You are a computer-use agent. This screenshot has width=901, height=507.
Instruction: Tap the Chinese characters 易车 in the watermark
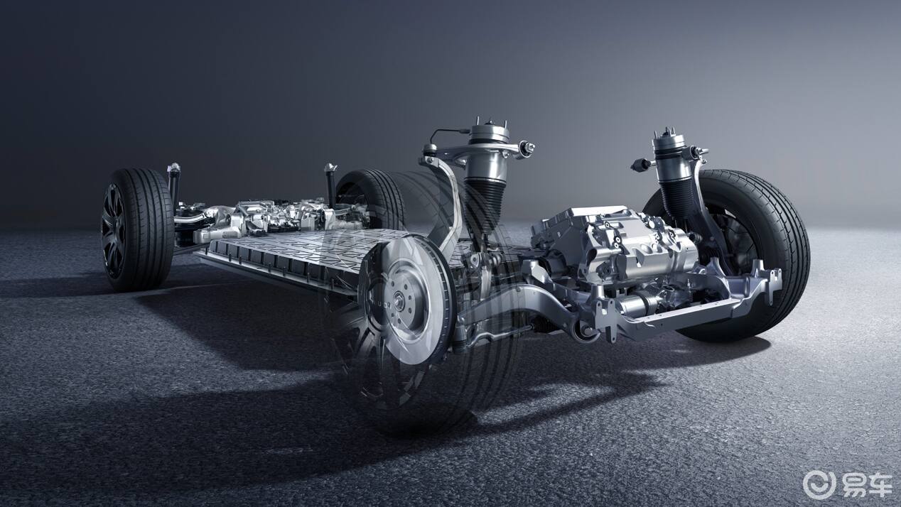[x=864, y=485]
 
